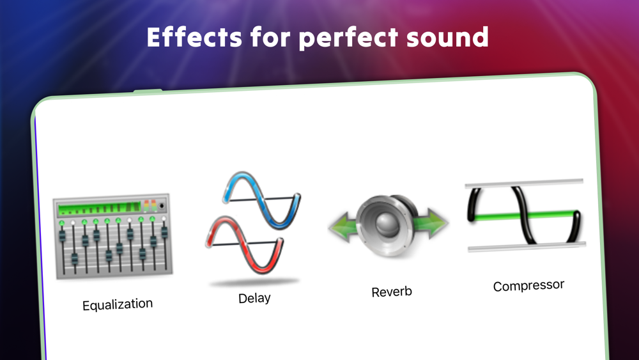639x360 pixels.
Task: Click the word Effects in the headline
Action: click(x=195, y=37)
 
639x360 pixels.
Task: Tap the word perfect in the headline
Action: click(x=348, y=38)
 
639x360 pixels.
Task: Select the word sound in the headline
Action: click(x=447, y=37)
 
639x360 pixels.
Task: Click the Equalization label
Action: click(x=118, y=304)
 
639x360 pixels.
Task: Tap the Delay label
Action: click(x=254, y=298)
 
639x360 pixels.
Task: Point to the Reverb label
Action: click(x=392, y=292)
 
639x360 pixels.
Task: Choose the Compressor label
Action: click(x=528, y=285)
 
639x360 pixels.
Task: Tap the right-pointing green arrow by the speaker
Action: click(x=431, y=223)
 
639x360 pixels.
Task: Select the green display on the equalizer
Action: click(x=99, y=208)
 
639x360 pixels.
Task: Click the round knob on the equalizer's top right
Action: click(x=162, y=206)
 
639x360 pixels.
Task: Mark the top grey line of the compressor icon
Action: click(x=524, y=183)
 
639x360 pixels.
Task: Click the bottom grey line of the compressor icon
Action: click(x=527, y=246)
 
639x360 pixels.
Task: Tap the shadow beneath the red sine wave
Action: click(x=254, y=282)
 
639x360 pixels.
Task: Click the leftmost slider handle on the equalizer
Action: click(x=63, y=236)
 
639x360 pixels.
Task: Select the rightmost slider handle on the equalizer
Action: click(x=164, y=232)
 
